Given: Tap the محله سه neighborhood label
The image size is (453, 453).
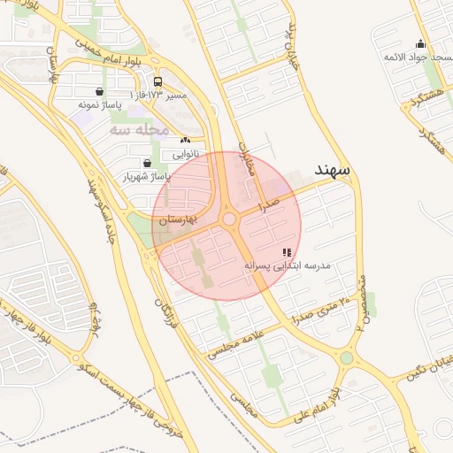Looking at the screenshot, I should click(139, 129).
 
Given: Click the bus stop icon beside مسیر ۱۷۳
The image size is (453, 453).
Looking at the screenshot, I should click(157, 81).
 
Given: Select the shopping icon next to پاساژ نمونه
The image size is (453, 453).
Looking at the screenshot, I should click(98, 91).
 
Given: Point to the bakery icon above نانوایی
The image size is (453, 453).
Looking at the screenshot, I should click(185, 141).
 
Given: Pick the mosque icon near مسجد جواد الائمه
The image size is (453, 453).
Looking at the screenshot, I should click(420, 43).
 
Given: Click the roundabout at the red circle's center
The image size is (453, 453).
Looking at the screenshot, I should click(229, 219).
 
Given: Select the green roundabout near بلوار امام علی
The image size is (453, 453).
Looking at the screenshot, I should click(346, 357).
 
